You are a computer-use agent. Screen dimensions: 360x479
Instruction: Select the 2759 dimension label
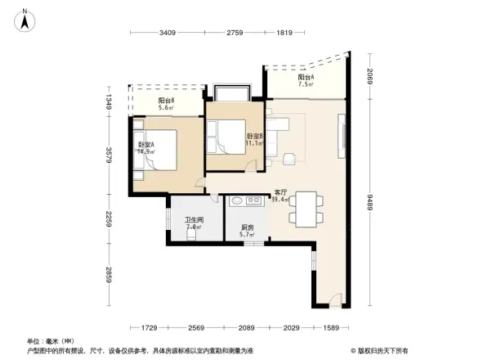coord(235,33)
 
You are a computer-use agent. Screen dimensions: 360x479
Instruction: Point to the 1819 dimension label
coord(285,33)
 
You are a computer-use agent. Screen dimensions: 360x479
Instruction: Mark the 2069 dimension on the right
coord(370,78)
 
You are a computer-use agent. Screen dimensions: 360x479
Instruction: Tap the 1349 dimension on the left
coord(110,101)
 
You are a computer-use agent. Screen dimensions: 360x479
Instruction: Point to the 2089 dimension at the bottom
coord(248,328)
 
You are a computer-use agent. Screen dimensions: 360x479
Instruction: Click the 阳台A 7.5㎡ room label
coord(307,80)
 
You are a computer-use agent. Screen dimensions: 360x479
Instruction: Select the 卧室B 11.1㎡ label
coord(254,139)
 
